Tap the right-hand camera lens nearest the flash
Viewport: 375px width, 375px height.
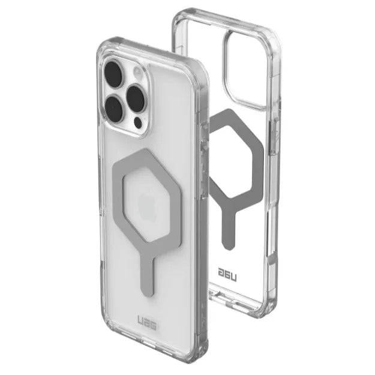click(136, 98)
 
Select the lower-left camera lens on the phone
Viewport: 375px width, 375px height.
click(114, 108)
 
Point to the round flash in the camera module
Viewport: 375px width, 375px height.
click(137, 72)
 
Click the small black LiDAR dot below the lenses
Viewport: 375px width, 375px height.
click(138, 123)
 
